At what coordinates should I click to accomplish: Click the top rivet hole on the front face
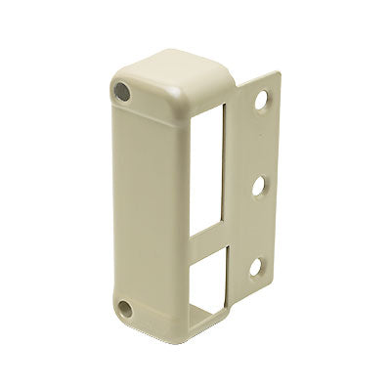(x=122, y=91)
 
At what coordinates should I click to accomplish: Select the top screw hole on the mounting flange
(x=263, y=100)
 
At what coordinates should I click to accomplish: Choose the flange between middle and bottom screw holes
(x=262, y=225)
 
